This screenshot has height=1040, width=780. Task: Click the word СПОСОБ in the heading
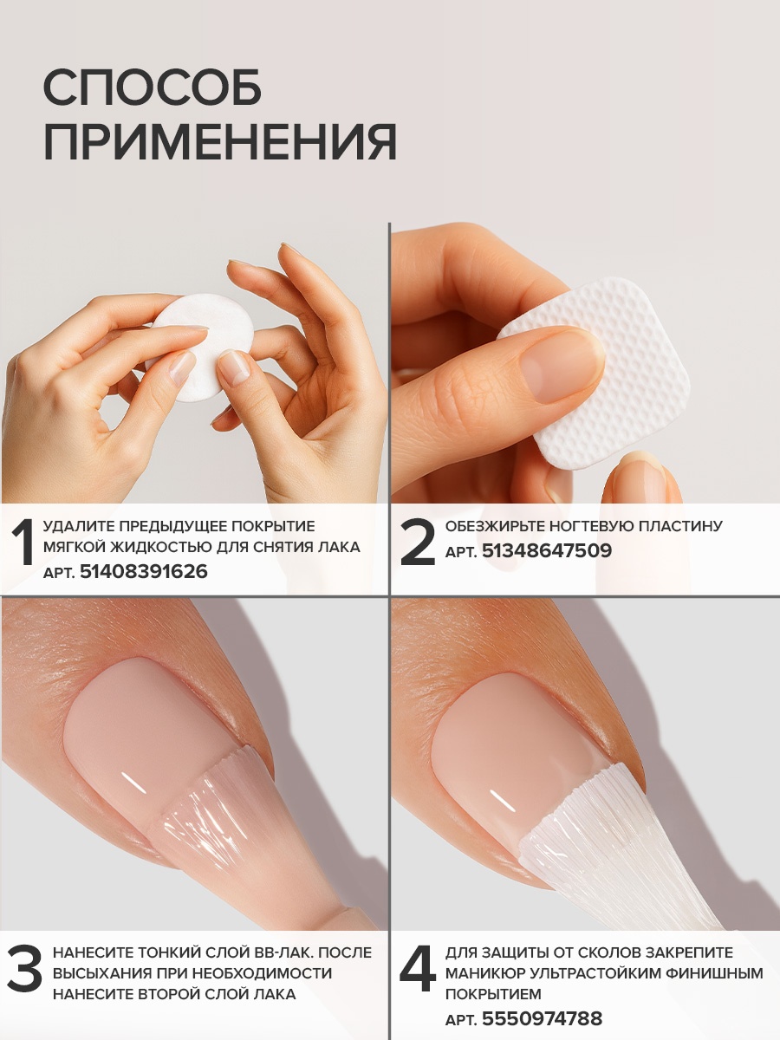point(152,88)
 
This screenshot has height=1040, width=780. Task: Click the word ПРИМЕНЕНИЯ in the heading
point(220,141)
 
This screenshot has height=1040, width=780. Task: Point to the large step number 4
point(417,969)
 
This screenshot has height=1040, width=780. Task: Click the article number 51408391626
point(144,571)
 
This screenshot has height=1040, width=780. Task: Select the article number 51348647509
point(547,550)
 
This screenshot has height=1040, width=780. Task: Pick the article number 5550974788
point(543,1017)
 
